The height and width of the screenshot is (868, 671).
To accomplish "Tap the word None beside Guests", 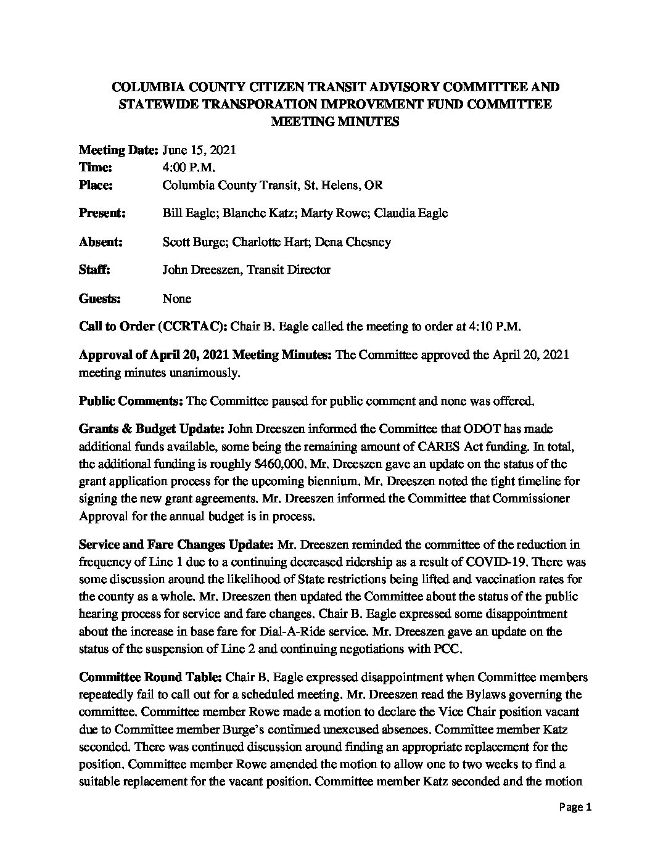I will pyautogui.click(x=177, y=298).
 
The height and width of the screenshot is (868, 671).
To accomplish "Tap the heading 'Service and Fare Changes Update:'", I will pyautogui.click(x=177, y=545).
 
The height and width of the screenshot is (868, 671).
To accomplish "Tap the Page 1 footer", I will pyautogui.click(x=575, y=808).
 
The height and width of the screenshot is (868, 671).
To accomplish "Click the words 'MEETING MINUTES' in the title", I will pyautogui.click(x=335, y=121).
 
